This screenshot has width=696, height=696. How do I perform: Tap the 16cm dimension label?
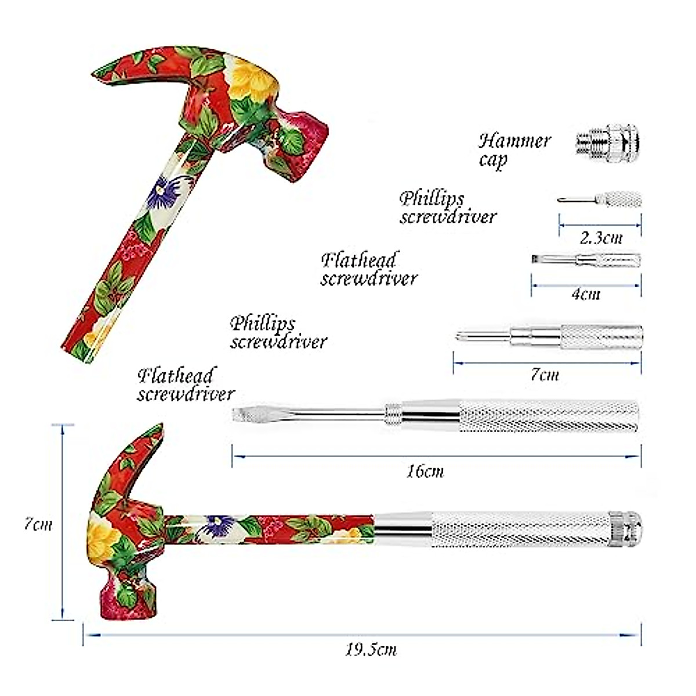(x=425, y=471)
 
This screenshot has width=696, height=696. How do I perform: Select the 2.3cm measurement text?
(x=601, y=237)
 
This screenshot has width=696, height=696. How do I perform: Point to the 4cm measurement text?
(x=586, y=293)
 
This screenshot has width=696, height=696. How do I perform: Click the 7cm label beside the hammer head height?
(x=38, y=524)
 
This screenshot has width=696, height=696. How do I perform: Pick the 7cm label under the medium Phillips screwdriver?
(x=545, y=375)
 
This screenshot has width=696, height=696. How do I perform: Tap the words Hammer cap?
(x=514, y=150)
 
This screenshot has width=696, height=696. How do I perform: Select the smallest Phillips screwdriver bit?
(x=600, y=200)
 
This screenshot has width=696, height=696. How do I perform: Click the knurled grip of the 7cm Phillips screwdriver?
(x=601, y=337)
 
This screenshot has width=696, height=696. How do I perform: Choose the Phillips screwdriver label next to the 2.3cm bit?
(x=448, y=208)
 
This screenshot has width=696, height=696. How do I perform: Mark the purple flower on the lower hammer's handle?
(x=223, y=525)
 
